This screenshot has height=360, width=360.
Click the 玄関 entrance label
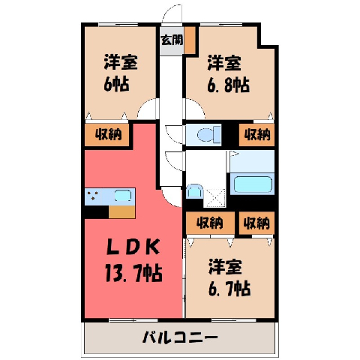172,40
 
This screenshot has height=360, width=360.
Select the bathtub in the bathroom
252,184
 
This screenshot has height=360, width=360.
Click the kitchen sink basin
123,195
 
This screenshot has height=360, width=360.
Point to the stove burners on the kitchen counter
93,195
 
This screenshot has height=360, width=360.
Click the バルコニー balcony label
180,337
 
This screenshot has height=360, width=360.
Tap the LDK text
133,247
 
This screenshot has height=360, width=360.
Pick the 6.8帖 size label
228,85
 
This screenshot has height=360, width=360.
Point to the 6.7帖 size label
229,288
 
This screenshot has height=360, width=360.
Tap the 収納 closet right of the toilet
256,135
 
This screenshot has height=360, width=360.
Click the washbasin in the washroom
194,191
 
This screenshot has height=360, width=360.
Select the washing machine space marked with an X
215,198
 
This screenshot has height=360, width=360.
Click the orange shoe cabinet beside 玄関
190,40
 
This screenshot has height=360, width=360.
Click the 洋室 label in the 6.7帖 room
226,267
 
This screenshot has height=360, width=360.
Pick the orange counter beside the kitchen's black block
122,212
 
